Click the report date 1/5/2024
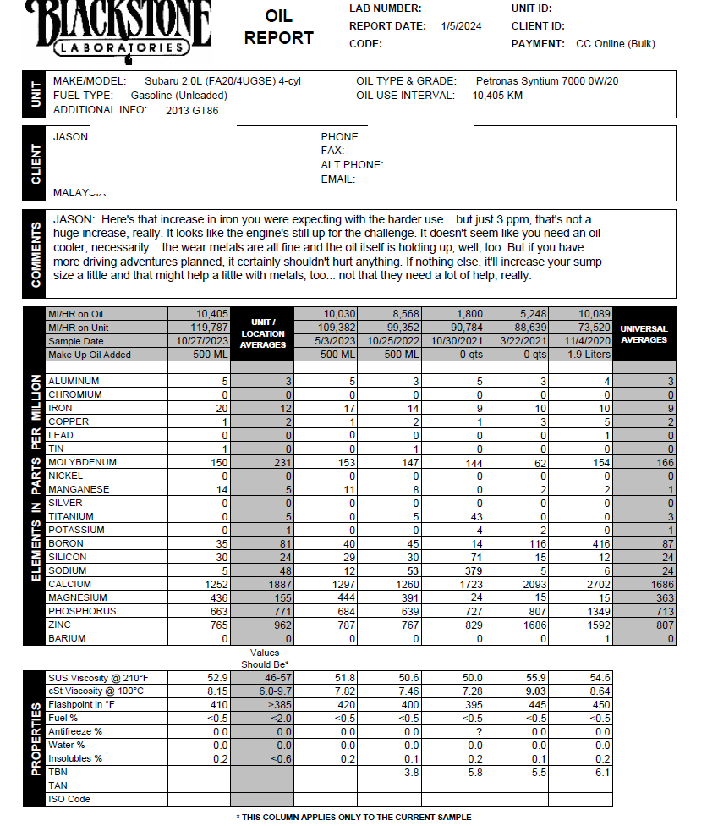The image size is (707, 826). (461, 26)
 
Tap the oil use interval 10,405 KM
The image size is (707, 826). (497, 96)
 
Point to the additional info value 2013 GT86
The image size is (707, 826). (192, 110)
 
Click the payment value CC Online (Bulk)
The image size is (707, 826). (615, 44)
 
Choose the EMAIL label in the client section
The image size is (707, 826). (338, 179)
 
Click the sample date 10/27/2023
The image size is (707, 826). (200, 341)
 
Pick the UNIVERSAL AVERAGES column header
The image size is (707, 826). (644, 334)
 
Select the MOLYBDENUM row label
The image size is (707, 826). (83, 463)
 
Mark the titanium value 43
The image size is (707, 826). (474, 517)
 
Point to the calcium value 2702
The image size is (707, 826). (595, 585)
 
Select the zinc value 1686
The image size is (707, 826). (532, 625)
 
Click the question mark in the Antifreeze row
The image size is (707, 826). (479, 731)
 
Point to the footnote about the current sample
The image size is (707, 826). (353, 817)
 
